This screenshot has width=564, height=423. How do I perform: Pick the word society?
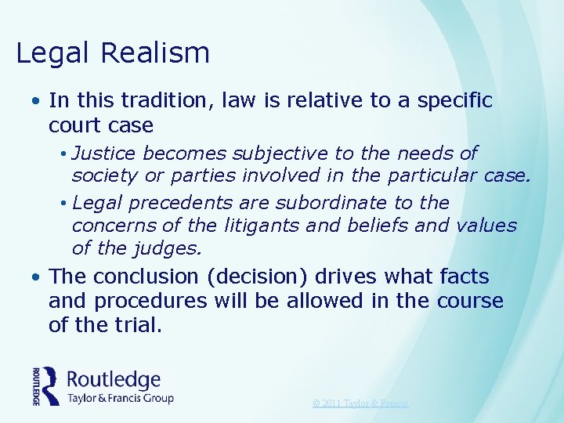coord(106,177)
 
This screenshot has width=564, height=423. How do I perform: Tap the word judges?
coord(170,250)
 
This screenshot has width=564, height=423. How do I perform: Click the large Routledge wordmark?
coord(114,380)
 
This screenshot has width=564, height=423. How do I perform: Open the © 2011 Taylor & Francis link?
coord(360,403)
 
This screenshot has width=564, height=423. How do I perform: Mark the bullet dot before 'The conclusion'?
coord(37,277)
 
